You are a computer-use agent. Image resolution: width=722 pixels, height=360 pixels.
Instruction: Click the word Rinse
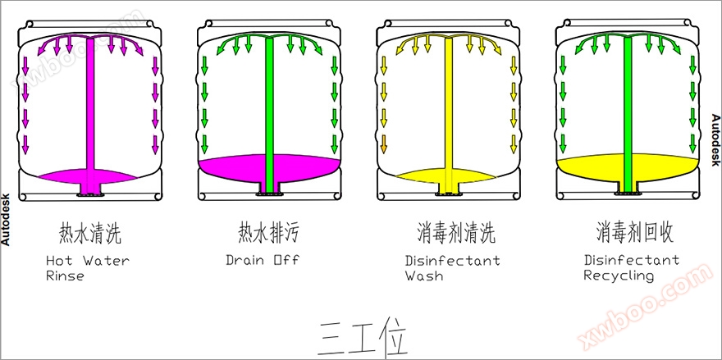click(66, 276)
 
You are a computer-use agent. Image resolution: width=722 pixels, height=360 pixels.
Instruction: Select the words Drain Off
click(263, 261)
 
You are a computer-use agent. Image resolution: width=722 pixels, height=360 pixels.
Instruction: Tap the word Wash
click(424, 276)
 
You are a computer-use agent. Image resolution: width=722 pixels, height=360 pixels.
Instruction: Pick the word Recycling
click(619, 276)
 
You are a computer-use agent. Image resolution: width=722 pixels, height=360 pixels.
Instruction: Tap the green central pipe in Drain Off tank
click(269, 107)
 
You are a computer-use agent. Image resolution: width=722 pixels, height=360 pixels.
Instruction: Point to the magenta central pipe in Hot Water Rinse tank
click(91, 107)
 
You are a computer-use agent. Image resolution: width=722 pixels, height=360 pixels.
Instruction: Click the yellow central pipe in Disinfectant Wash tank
click(448, 107)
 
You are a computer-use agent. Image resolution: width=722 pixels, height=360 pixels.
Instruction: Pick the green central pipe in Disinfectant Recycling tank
click(628, 107)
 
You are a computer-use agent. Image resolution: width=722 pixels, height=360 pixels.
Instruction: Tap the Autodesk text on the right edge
click(715, 139)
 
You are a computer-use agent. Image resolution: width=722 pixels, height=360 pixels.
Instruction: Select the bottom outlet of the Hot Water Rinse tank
click(90, 190)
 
